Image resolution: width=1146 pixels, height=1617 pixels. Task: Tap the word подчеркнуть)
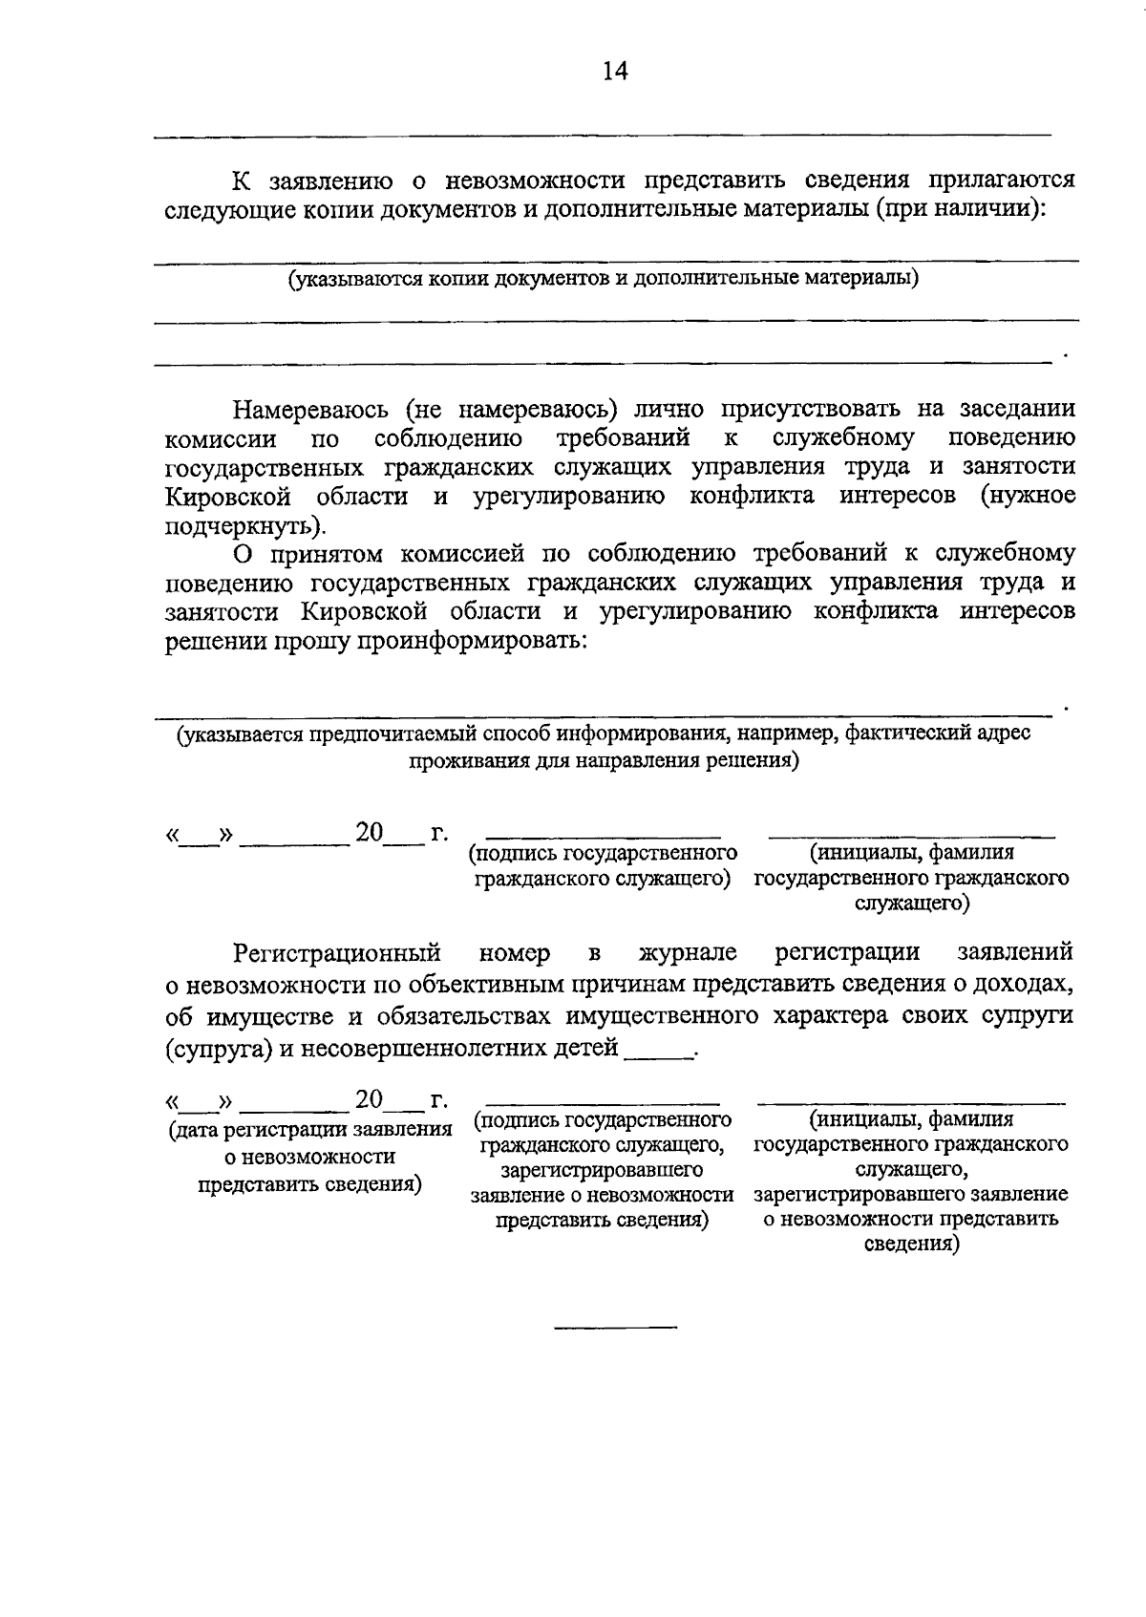point(245,525)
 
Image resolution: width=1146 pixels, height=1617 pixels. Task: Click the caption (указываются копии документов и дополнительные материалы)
point(604,278)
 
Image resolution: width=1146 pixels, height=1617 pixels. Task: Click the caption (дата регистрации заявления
point(309,1131)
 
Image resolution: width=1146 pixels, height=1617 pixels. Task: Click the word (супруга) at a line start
point(218,1049)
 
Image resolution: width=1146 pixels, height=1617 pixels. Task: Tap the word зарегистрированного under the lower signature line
point(603,1170)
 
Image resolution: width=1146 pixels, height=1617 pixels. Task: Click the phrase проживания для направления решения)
point(604,761)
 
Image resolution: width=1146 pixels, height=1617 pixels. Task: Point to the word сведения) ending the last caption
point(911,1245)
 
